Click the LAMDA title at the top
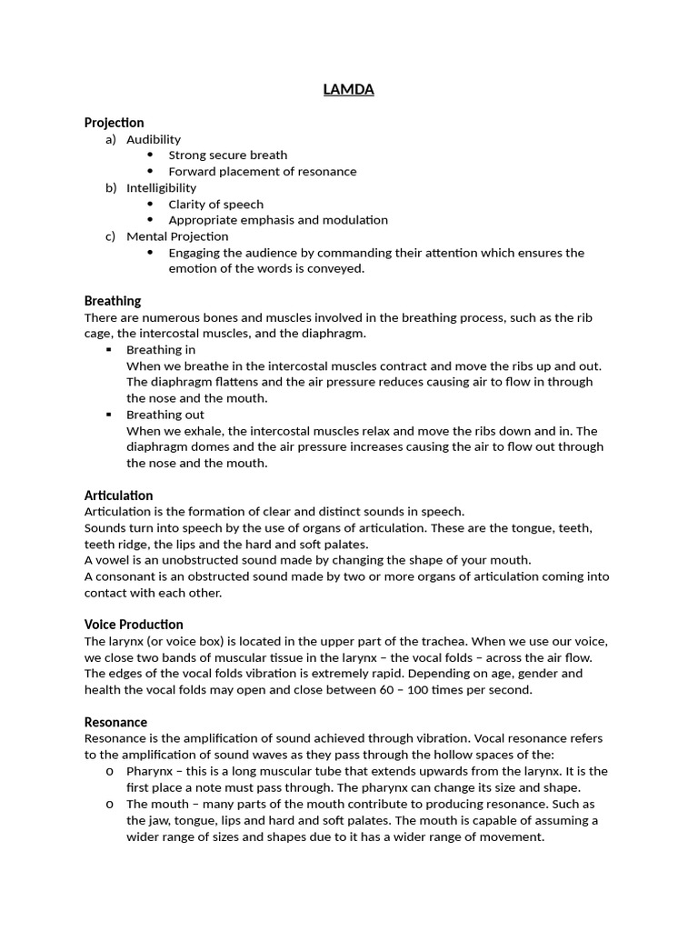pyautogui.click(x=349, y=89)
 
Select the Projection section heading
pyautogui.click(x=114, y=123)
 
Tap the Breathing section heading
pyautogui.click(x=113, y=301)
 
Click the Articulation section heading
pyautogui.click(x=118, y=496)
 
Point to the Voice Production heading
pyautogui.click(x=134, y=625)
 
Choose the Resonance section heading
pyautogui.click(x=115, y=722)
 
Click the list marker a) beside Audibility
pyautogui.click(x=111, y=139)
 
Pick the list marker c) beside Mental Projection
pyautogui.click(x=111, y=236)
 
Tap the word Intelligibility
pyautogui.click(x=161, y=188)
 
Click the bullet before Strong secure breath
pyautogui.click(x=151, y=155)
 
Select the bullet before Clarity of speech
pyautogui.click(x=151, y=205)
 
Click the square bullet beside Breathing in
pyautogui.click(x=109, y=350)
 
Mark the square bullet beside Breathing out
pyautogui.click(x=109, y=415)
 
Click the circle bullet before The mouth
pyautogui.click(x=109, y=804)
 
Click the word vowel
pyautogui.click(x=114, y=560)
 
